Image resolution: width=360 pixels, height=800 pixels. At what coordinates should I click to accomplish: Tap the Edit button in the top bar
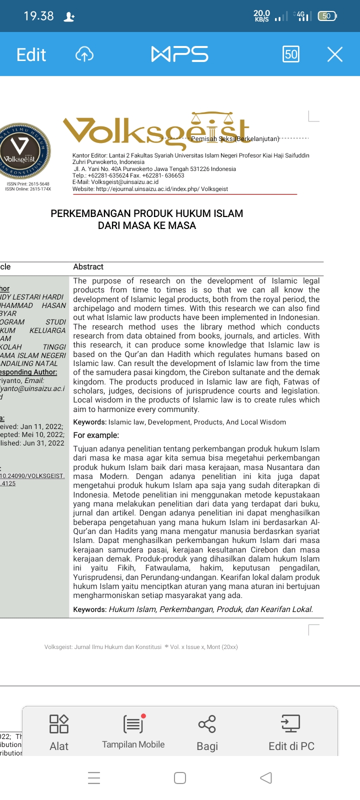pos(31,54)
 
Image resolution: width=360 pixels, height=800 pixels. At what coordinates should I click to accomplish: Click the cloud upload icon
pos(84,54)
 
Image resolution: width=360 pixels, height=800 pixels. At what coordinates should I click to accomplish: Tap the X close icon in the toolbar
pos(334,54)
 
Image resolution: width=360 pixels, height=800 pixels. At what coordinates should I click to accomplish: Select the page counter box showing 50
pos(291,54)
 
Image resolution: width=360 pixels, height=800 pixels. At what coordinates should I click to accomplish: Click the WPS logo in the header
pos(179,54)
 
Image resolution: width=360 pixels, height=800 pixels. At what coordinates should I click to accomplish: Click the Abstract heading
pos(88,267)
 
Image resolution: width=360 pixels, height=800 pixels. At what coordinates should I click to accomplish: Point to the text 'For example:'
pos(96,435)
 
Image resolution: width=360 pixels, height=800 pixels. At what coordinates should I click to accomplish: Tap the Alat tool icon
pos(59,723)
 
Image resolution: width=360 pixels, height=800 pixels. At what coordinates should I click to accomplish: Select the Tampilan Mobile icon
pos(133,723)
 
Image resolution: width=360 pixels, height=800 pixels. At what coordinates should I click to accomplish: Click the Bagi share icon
pos(207,723)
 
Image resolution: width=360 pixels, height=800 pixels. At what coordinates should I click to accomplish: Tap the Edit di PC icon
pos(291,723)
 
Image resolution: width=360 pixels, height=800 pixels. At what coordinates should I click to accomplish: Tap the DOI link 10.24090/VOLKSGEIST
pos(32,476)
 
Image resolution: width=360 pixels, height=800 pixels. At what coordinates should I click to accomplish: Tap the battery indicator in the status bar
pos(327,16)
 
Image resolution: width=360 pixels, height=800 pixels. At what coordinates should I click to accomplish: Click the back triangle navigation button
pos(266,777)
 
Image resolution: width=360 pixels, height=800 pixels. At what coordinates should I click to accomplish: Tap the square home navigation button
pos(180,777)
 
